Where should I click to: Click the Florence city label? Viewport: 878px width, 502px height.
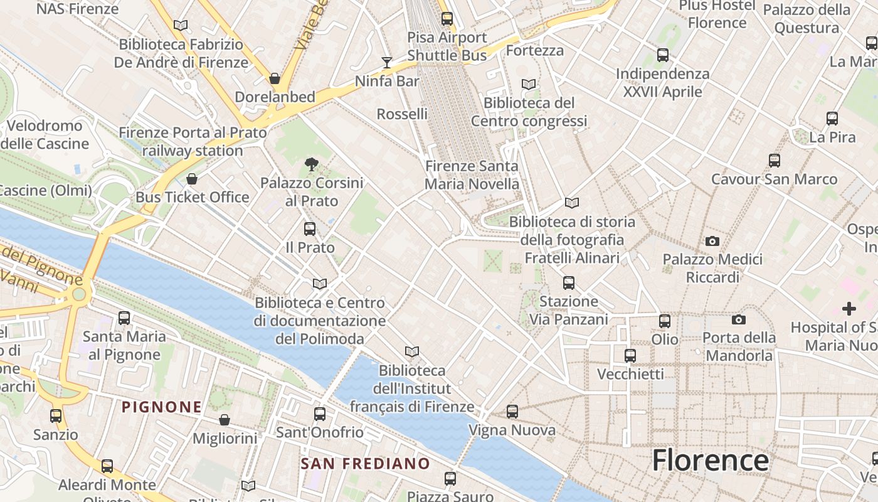pos(710,461)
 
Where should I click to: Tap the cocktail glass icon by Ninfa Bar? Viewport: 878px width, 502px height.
pos(387,62)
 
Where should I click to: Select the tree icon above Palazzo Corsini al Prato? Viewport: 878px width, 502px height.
pos(311,165)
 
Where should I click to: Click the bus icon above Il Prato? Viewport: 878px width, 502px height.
pos(310,229)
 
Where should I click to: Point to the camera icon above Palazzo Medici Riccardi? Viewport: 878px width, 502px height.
pos(712,241)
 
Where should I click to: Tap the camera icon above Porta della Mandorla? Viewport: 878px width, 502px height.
pos(739,319)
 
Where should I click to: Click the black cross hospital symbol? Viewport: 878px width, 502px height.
pos(849,309)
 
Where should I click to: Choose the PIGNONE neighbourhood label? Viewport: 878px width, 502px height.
pos(162,407)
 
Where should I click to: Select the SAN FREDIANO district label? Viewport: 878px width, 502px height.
pos(365,464)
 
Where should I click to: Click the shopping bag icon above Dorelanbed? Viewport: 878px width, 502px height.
pos(275,78)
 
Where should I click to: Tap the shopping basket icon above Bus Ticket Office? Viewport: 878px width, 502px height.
pos(192,179)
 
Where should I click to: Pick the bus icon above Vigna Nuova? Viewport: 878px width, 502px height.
pos(512,412)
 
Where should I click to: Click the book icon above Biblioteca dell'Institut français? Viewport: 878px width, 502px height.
pos(411,351)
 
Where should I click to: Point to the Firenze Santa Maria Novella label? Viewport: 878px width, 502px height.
pos(472,175)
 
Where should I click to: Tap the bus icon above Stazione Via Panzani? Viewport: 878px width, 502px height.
pos(569,283)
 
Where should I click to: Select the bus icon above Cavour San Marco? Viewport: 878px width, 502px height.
pos(775,161)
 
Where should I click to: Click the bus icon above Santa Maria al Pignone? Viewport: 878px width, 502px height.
pos(124,318)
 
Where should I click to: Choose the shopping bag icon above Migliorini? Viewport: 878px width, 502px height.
pos(225,420)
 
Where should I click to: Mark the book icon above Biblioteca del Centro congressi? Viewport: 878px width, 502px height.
pos(529,84)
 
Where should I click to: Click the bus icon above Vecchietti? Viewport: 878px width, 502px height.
pos(630,356)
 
